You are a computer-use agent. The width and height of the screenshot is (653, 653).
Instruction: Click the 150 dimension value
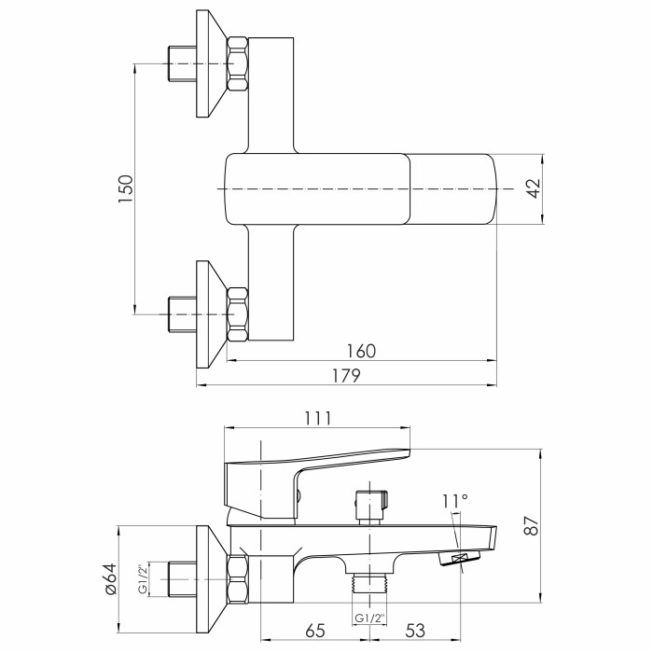click(125, 188)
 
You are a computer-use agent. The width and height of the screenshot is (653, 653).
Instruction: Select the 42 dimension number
click(533, 188)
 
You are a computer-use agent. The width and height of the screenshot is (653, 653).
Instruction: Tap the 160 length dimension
click(362, 351)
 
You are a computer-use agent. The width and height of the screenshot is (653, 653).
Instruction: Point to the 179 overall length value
click(346, 376)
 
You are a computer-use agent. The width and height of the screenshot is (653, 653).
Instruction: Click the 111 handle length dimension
click(318, 418)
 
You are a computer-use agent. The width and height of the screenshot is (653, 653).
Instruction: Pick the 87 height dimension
click(533, 525)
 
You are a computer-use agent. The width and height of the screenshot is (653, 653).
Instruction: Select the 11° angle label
click(455, 502)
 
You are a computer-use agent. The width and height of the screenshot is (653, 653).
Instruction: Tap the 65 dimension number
click(315, 630)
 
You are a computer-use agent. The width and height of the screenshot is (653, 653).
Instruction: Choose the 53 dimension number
click(415, 630)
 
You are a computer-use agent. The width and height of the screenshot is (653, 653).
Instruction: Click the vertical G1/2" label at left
click(143, 579)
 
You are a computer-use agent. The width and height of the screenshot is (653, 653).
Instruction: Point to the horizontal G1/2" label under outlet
click(369, 618)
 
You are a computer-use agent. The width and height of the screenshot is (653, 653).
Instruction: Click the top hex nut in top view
click(238, 63)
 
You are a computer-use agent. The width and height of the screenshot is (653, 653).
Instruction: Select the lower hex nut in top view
click(238, 314)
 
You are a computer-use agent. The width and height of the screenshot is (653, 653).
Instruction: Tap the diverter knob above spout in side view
click(372, 506)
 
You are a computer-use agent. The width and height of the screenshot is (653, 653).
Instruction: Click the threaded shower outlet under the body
click(369, 581)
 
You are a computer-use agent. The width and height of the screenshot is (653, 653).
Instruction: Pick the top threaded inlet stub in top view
click(183, 63)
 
